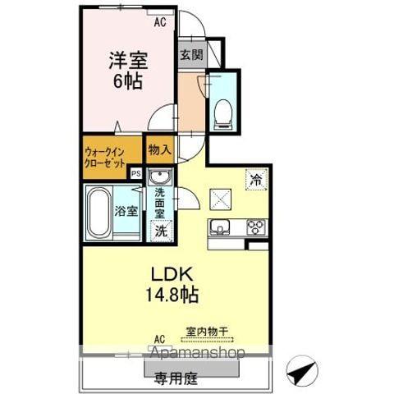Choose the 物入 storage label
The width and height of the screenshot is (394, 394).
click(x=159, y=150)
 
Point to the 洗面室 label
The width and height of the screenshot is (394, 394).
click(x=159, y=204)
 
